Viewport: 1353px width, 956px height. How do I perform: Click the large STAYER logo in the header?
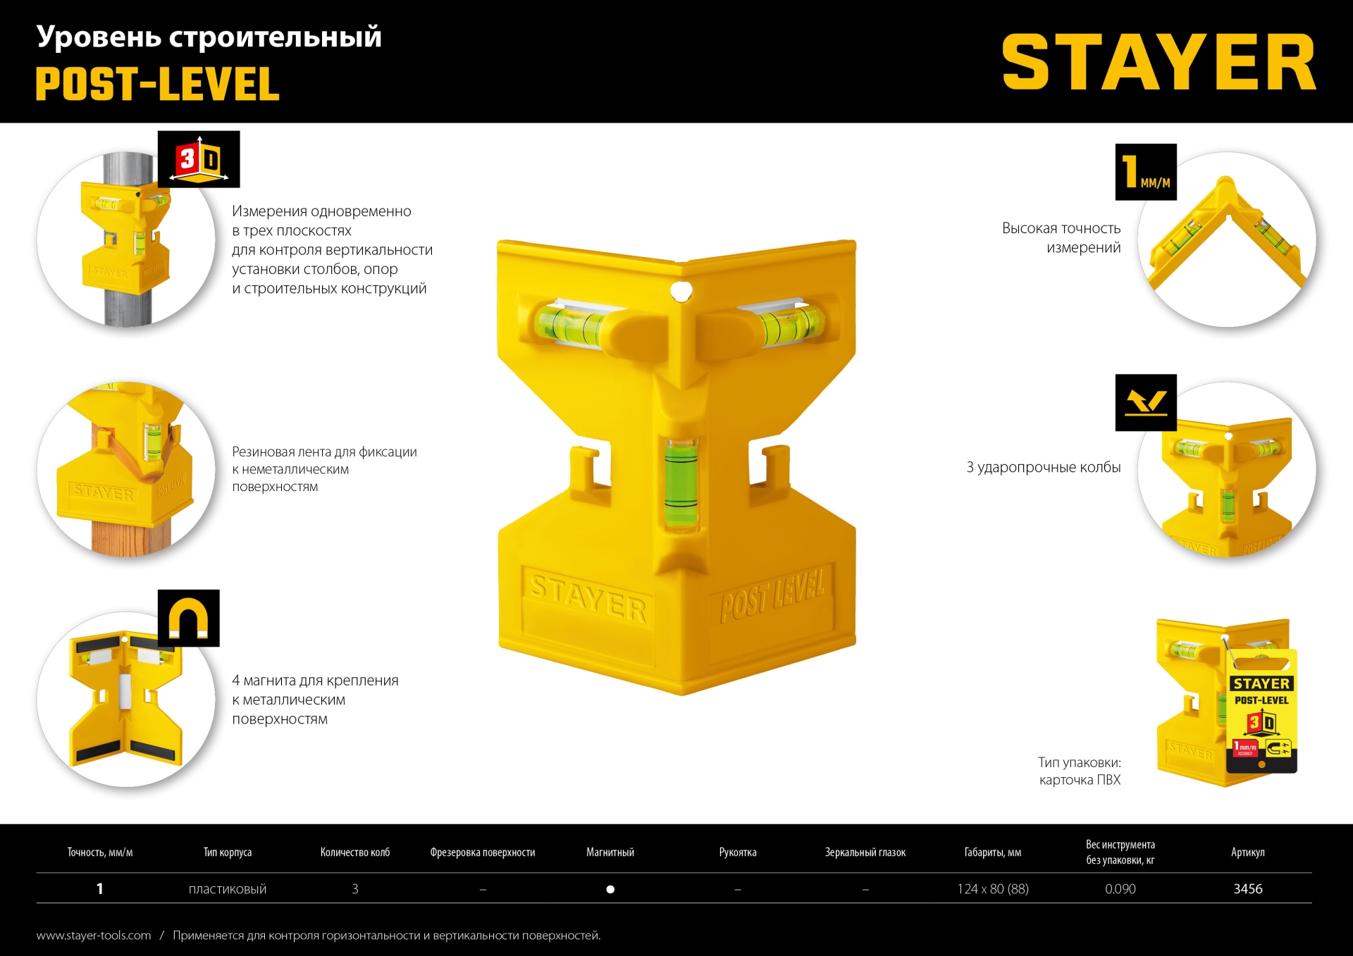1159,63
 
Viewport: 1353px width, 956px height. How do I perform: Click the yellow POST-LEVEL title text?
158,85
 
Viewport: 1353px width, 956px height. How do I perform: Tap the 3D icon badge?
199,159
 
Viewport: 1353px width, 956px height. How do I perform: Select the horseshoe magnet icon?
188,618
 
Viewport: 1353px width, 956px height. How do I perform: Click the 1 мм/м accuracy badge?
1146,172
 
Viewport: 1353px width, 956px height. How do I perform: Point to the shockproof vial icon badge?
1146,402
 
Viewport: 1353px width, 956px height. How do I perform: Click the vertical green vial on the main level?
681,483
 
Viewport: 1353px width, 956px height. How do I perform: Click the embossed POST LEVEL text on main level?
772,596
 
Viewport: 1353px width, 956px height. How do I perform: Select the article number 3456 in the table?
1247,889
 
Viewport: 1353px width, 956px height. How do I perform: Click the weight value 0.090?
1120,889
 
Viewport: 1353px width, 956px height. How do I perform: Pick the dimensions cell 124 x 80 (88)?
992,889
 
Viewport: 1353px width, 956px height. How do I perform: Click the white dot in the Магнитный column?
610,889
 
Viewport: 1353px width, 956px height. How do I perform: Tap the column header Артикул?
1247,852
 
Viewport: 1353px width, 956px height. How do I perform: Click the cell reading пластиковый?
228,889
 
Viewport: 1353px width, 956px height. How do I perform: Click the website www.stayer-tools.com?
94,936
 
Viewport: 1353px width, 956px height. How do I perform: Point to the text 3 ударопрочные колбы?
1043,467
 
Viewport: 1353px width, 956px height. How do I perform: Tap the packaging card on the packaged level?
1261,712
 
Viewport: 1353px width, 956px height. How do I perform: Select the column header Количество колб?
354,852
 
